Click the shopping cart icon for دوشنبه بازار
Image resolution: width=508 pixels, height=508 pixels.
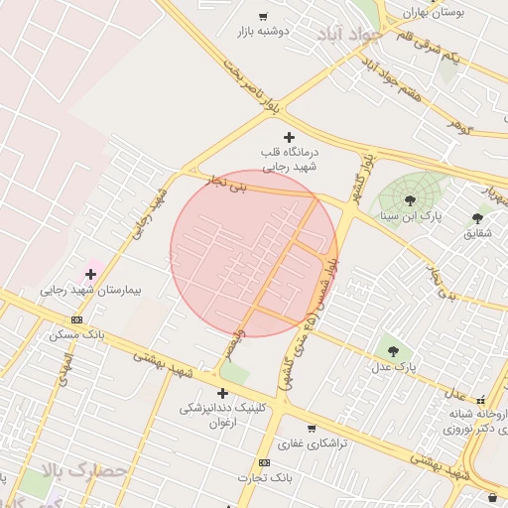pos(263,16)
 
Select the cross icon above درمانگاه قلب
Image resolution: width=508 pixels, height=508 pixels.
pos(289,136)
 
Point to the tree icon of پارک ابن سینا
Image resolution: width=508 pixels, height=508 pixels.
pos(410,200)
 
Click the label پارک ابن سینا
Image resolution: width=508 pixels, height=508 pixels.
pos(411,214)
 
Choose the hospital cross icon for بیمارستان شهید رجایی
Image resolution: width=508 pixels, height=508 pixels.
pos(91,274)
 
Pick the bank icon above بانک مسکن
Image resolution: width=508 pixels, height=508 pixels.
pos(77,319)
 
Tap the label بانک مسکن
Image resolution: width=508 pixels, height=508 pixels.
pos(77,334)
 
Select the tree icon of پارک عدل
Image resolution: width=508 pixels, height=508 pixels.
pos(393,350)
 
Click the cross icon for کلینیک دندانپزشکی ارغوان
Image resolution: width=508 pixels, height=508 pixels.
pos(222,393)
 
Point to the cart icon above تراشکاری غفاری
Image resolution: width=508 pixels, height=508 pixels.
pos(311,429)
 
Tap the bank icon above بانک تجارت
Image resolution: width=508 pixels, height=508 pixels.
pos(264,462)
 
